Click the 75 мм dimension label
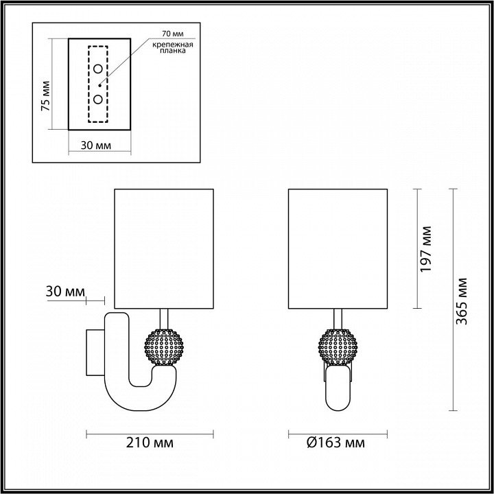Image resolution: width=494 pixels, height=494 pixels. coord(45,97)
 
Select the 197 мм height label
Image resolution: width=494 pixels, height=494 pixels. coord(426,249)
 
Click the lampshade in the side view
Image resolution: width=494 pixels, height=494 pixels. coord(163,248)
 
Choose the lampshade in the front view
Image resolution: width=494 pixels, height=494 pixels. coord(336,248)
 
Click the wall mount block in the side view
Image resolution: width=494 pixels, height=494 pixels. coord(94,353)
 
